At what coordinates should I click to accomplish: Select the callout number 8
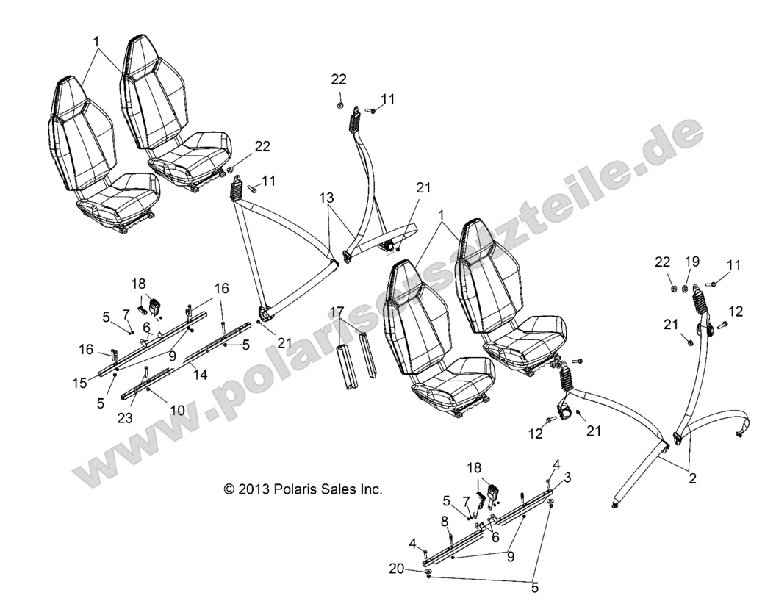(x=444, y=521)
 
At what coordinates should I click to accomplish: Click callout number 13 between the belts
(x=326, y=198)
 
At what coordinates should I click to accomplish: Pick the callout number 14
(x=200, y=375)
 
